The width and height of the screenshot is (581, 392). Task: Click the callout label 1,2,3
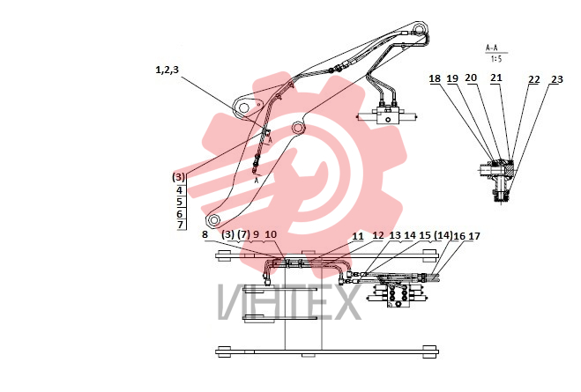coord(167,70)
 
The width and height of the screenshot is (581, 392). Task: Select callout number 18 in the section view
coord(435,78)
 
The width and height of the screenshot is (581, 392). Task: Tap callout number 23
coord(557,79)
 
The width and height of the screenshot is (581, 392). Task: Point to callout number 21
coord(496,78)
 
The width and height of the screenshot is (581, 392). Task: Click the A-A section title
coord(492,48)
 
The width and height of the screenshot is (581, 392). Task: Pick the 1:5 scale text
coord(496,58)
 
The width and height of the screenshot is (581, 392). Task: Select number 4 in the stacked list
coord(180,190)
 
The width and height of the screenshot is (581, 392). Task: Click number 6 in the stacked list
coord(180,213)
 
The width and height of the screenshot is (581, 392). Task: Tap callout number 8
coord(205,234)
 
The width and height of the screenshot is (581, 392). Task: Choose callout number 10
coord(271,234)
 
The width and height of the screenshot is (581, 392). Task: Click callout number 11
coord(358,236)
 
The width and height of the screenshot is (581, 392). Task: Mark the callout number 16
coord(459,236)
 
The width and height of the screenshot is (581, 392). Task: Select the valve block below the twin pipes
coord(388,115)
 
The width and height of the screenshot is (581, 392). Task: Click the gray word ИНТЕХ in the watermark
coord(289,301)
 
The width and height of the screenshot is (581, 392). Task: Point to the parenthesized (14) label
coord(443,235)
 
